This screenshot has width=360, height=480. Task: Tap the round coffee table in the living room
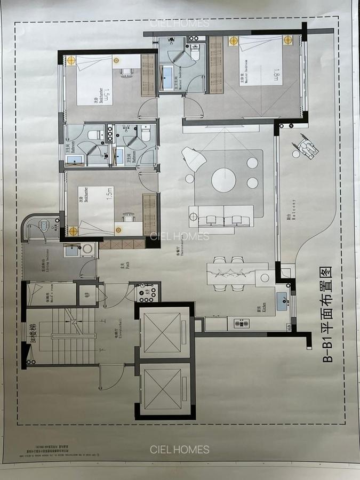(223, 180)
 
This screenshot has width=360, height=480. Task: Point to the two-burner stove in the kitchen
(242, 323)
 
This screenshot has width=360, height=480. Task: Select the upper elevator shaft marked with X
(163, 332)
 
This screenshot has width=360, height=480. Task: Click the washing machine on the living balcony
(86, 249)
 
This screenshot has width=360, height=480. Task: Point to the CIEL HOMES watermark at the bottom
(180, 450)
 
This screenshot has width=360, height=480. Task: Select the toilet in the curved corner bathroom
(44, 226)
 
